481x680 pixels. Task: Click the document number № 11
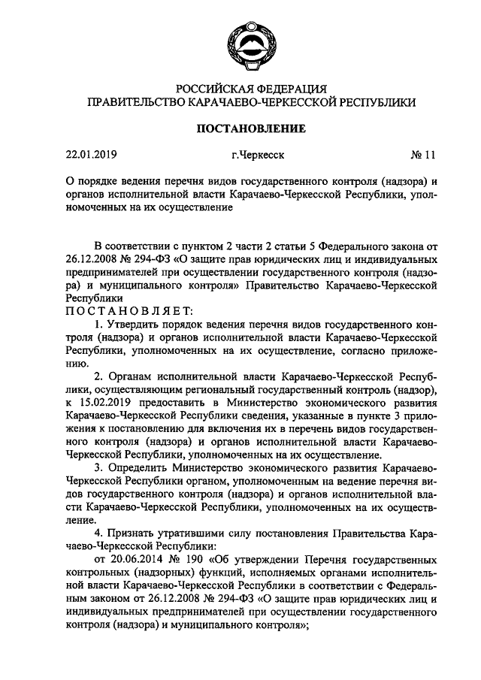pyautogui.click(x=423, y=156)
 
